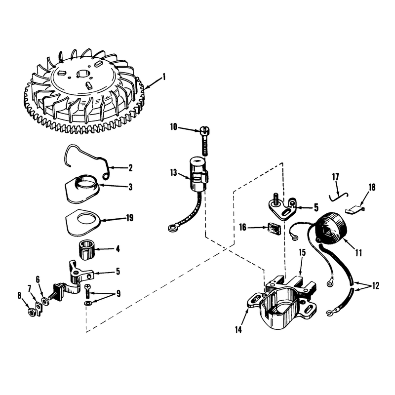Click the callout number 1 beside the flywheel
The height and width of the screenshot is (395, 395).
coord(164,77)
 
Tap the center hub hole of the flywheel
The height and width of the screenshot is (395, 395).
coord(82,74)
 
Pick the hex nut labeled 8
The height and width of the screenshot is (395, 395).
coord(31,313)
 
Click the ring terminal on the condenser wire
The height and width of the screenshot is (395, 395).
coord(172,228)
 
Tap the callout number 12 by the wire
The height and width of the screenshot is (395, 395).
coord(376,286)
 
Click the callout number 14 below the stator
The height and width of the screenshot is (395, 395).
coord(238,329)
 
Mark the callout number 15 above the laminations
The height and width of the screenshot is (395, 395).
coord(302,252)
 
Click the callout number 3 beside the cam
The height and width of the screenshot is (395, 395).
coord(130,187)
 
